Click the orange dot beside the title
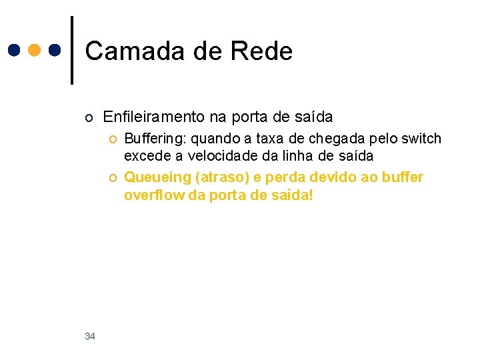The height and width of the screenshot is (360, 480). (34, 51)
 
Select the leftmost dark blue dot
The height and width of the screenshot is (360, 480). (13, 51)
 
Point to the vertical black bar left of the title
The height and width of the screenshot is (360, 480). (71, 50)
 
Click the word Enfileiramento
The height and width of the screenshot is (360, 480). (154, 117)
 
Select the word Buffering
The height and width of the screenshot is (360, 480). (150, 139)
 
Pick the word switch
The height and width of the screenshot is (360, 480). (425, 139)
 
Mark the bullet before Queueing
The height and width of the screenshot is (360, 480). (113, 178)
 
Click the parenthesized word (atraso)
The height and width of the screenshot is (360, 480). (212, 178)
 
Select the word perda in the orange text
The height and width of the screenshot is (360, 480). (270, 178)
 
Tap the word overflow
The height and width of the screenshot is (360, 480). (149, 195)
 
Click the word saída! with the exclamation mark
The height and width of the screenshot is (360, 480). (291, 195)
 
